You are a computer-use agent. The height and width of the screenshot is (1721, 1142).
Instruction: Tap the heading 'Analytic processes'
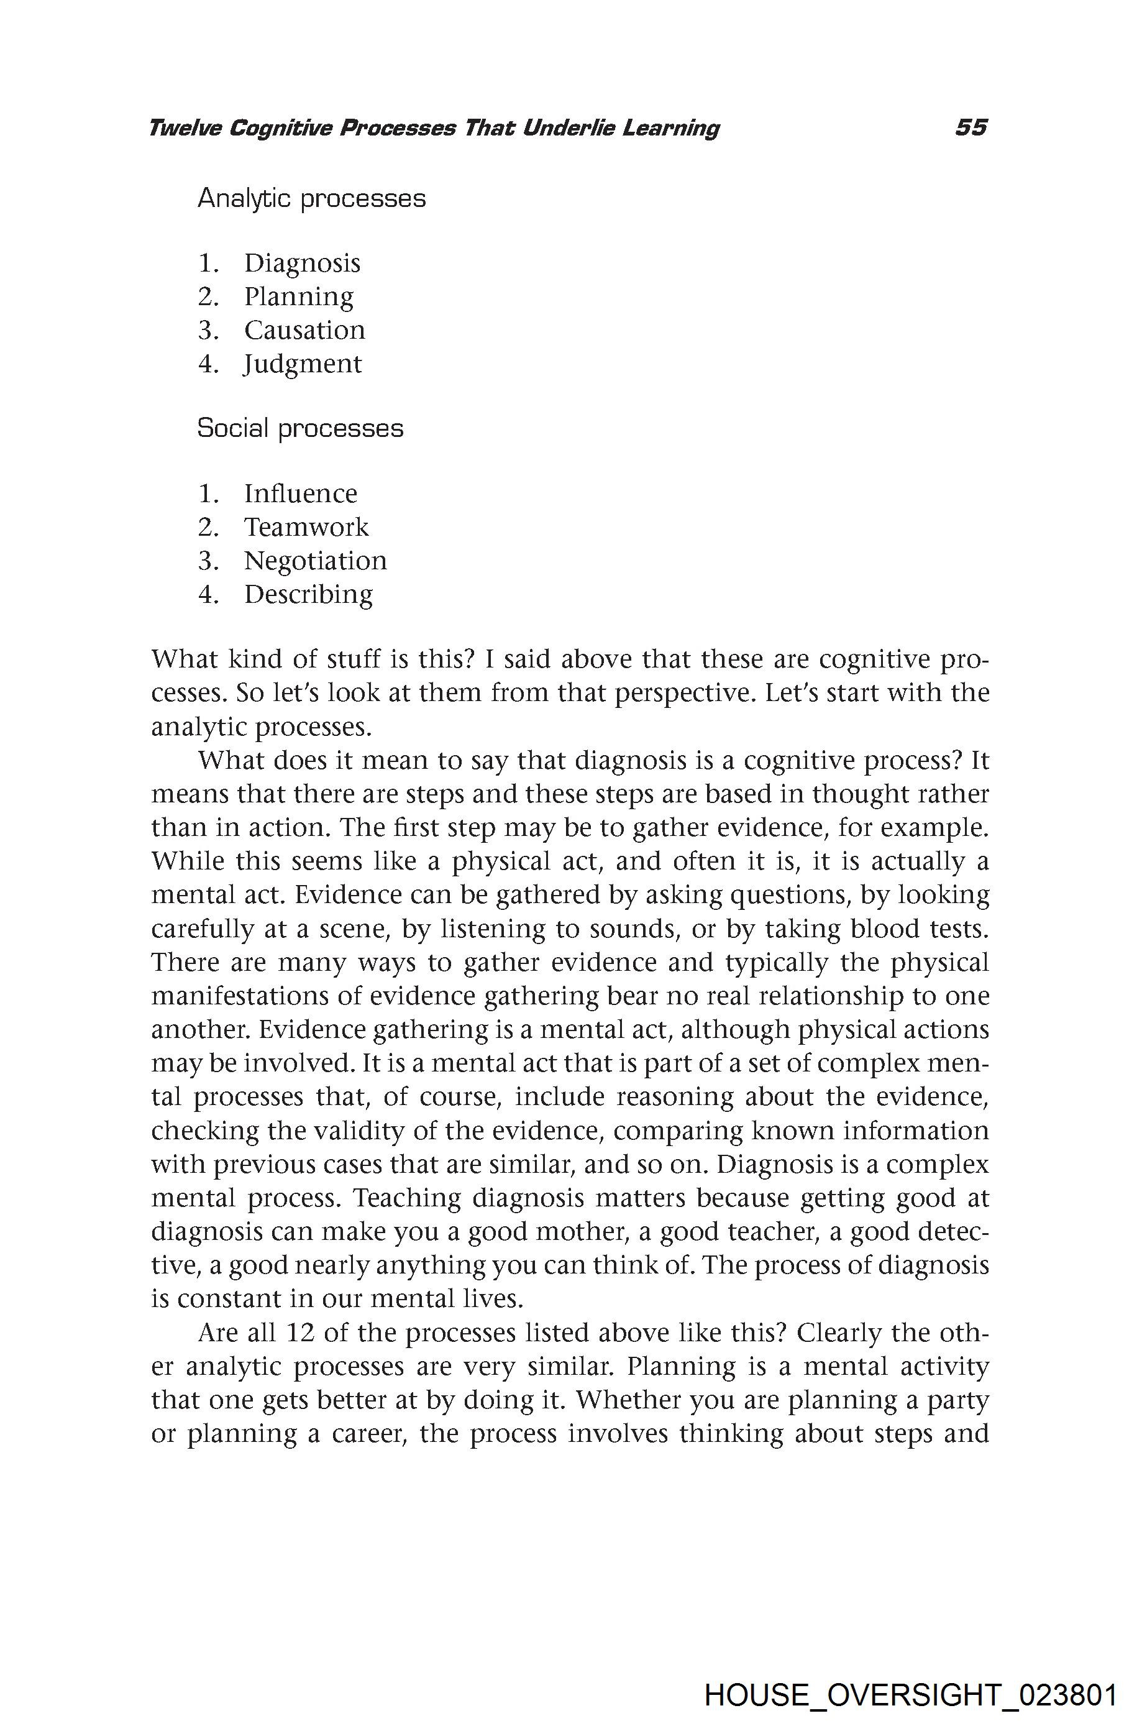click(x=312, y=198)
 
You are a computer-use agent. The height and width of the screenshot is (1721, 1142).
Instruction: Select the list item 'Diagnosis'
click(x=301, y=263)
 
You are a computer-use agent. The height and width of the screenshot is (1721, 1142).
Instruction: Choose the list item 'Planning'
click(x=299, y=296)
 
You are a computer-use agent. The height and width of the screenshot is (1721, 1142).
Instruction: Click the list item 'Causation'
click(x=304, y=330)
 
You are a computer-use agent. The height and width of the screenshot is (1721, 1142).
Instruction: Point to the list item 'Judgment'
click(x=302, y=364)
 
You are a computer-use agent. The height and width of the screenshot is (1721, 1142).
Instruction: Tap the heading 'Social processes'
click(x=300, y=428)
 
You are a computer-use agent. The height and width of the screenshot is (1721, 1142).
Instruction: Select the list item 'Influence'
click(x=300, y=493)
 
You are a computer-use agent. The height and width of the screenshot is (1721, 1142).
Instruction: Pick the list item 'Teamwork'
click(x=306, y=527)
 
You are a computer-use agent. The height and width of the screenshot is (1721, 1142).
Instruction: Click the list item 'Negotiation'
click(x=316, y=561)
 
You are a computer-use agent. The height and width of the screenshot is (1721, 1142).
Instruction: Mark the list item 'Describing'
click(x=308, y=594)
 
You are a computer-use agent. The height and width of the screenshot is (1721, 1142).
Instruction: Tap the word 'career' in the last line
click(x=368, y=1433)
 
